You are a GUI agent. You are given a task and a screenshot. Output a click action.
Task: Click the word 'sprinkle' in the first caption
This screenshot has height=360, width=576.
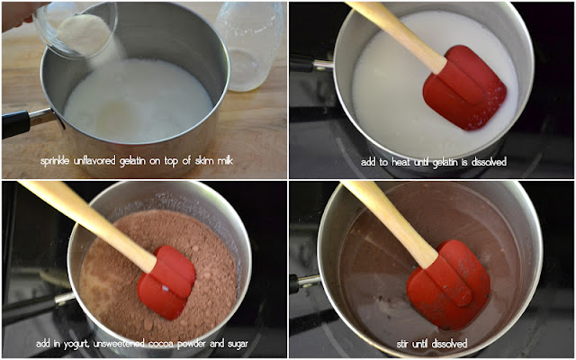(x=55, y=161)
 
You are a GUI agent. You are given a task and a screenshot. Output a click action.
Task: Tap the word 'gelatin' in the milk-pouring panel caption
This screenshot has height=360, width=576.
(x=131, y=161)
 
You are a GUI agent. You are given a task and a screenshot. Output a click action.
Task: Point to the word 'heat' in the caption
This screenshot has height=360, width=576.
(x=400, y=162)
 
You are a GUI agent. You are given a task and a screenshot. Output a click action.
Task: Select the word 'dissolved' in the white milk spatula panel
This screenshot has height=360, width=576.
(x=490, y=162)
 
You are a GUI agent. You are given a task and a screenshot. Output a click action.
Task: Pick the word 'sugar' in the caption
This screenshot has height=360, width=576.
(x=237, y=344)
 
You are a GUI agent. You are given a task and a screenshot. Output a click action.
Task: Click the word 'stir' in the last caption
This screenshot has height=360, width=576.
(x=404, y=344)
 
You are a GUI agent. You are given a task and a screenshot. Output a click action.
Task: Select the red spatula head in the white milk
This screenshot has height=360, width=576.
(x=465, y=88)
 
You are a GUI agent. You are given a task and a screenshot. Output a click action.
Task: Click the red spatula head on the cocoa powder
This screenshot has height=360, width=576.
(x=167, y=282)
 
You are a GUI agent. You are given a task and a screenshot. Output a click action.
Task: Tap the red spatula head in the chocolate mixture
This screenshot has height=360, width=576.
(x=449, y=284)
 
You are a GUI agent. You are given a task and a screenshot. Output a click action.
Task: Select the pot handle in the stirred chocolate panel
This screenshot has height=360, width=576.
(x=306, y=283)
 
